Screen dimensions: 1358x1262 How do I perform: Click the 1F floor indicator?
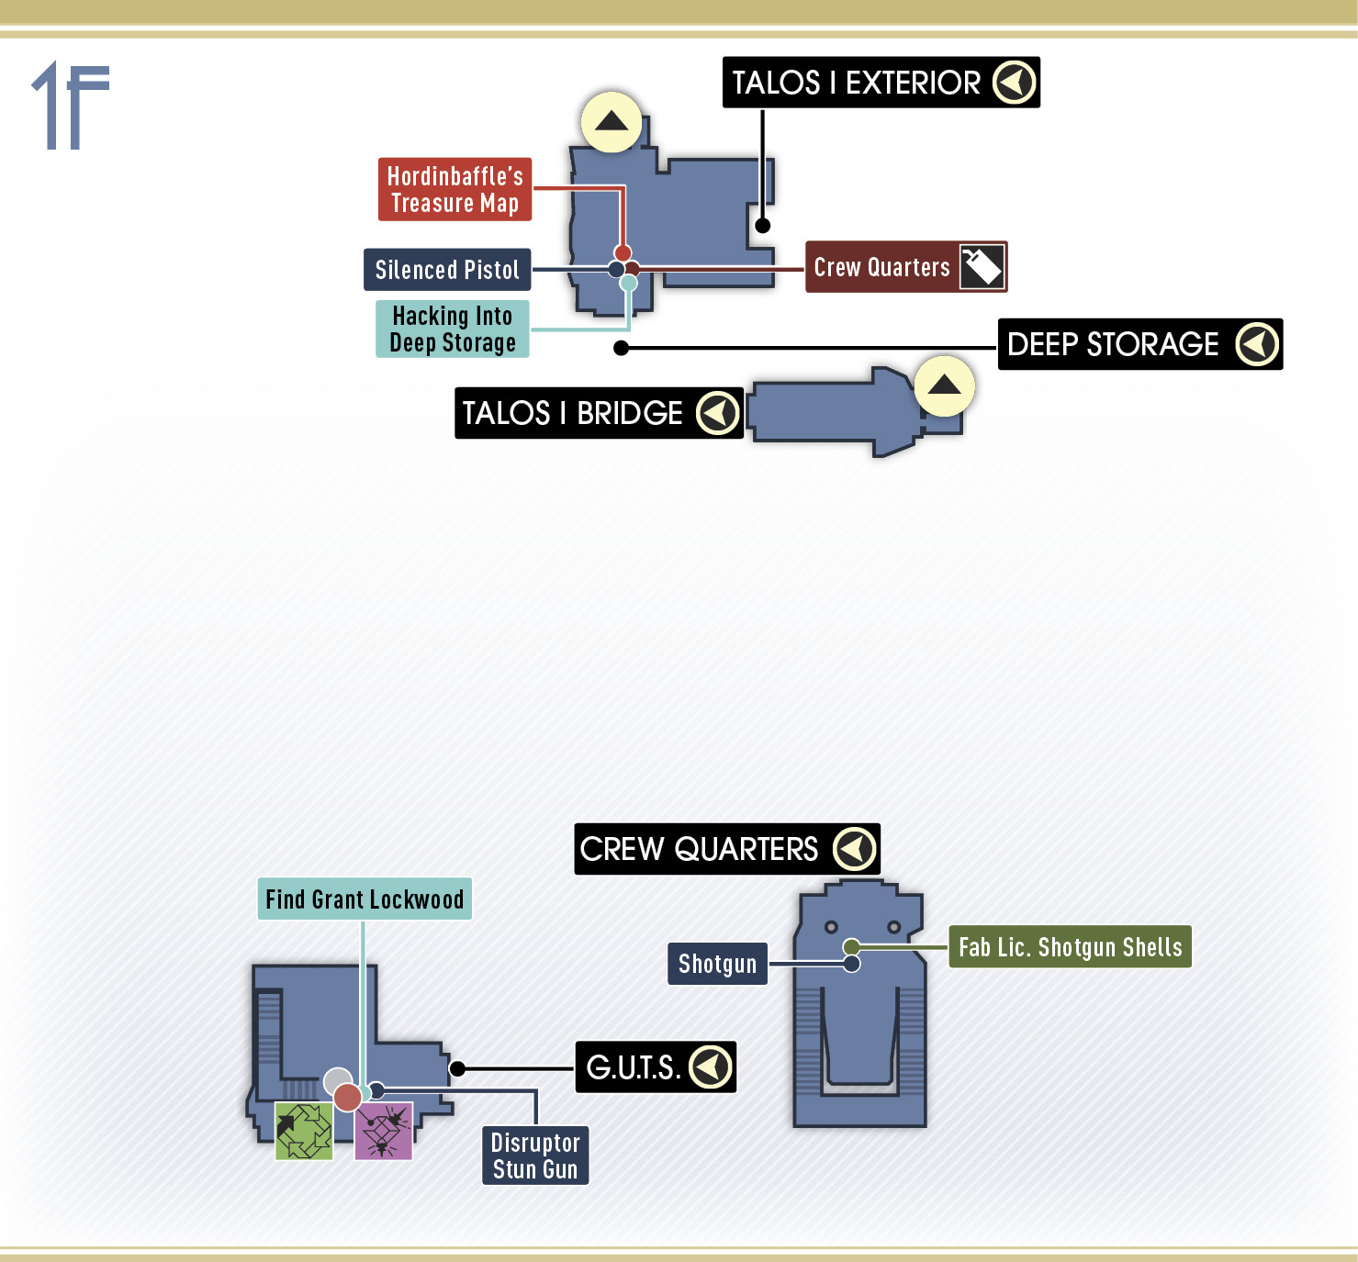tap(71, 105)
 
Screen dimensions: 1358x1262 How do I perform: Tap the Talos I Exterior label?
tap(881, 83)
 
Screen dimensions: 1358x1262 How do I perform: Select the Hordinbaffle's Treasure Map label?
tap(455, 189)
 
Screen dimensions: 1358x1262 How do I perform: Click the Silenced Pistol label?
tap(447, 269)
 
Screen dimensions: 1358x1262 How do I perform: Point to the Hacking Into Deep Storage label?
tap(452, 329)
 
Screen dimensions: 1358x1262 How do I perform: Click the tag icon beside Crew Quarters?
tap(982, 266)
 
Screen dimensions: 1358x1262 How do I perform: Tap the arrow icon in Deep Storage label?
tap(1257, 344)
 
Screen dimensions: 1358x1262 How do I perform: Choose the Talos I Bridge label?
tap(599, 413)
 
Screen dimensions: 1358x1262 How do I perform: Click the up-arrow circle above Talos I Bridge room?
tap(944, 385)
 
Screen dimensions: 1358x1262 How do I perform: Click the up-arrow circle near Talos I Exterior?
tap(612, 122)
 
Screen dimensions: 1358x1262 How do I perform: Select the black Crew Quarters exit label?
tap(727, 849)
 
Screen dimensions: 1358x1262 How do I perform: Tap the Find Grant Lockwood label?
tap(365, 899)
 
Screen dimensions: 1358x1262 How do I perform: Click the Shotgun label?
tap(717, 964)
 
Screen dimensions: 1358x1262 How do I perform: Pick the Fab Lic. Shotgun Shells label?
tap(1070, 947)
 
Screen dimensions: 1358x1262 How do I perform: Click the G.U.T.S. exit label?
tap(656, 1067)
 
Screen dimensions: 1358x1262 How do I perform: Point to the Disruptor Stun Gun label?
tap(535, 1156)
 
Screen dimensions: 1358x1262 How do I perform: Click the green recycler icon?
tap(304, 1132)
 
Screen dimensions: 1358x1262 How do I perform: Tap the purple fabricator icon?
tap(384, 1132)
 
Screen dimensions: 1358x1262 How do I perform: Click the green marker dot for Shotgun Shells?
tap(851, 947)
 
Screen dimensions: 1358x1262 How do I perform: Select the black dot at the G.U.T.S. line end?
tap(457, 1068)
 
